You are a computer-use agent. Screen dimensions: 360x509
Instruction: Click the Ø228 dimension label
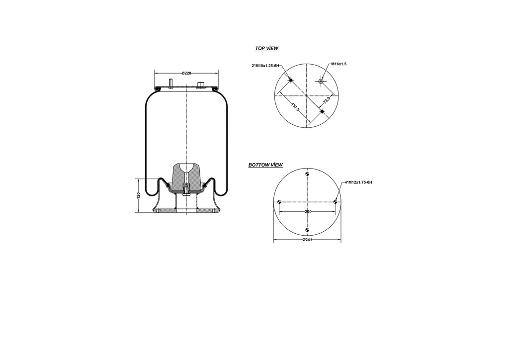186,73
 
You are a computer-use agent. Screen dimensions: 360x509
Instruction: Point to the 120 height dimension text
138,195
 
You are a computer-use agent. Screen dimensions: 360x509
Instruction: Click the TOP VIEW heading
266,49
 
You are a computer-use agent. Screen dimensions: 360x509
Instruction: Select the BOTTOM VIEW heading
265,165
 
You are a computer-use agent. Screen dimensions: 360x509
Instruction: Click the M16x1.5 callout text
339,64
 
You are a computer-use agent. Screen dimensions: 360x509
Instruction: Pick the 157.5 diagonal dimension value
295,107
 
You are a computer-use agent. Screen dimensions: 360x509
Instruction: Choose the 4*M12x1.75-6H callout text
358,182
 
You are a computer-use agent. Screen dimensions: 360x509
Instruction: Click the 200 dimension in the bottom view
308,212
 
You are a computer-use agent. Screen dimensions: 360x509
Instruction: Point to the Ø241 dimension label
307,240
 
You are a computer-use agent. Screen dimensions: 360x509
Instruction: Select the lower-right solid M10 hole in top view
322,111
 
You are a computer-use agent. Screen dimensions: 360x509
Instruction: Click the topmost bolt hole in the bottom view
308,174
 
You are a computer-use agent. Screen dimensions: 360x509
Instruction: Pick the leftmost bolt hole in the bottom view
280,202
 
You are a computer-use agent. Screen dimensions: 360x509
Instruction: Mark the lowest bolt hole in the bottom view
308,230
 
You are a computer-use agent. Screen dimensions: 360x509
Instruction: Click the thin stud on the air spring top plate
171,84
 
